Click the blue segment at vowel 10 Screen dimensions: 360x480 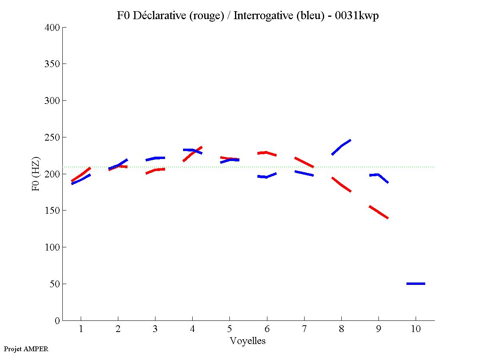point(416,283)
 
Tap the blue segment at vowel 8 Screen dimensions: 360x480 point(341,147)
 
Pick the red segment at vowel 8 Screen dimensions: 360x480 point(341,184)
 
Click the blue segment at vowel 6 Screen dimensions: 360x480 point(267,176)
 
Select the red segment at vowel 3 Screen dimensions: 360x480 point(155,171)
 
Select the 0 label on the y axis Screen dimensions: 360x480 point(58,321)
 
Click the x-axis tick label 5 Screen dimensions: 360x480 point(229,329)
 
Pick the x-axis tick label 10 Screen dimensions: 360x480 point(416,329)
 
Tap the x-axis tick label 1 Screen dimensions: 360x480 point(81,329)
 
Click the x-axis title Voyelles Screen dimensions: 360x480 point(248,341)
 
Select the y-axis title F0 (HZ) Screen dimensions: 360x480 point(36,174)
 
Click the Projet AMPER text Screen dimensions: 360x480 point(26,349)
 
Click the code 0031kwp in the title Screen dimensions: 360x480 point(357,16)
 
